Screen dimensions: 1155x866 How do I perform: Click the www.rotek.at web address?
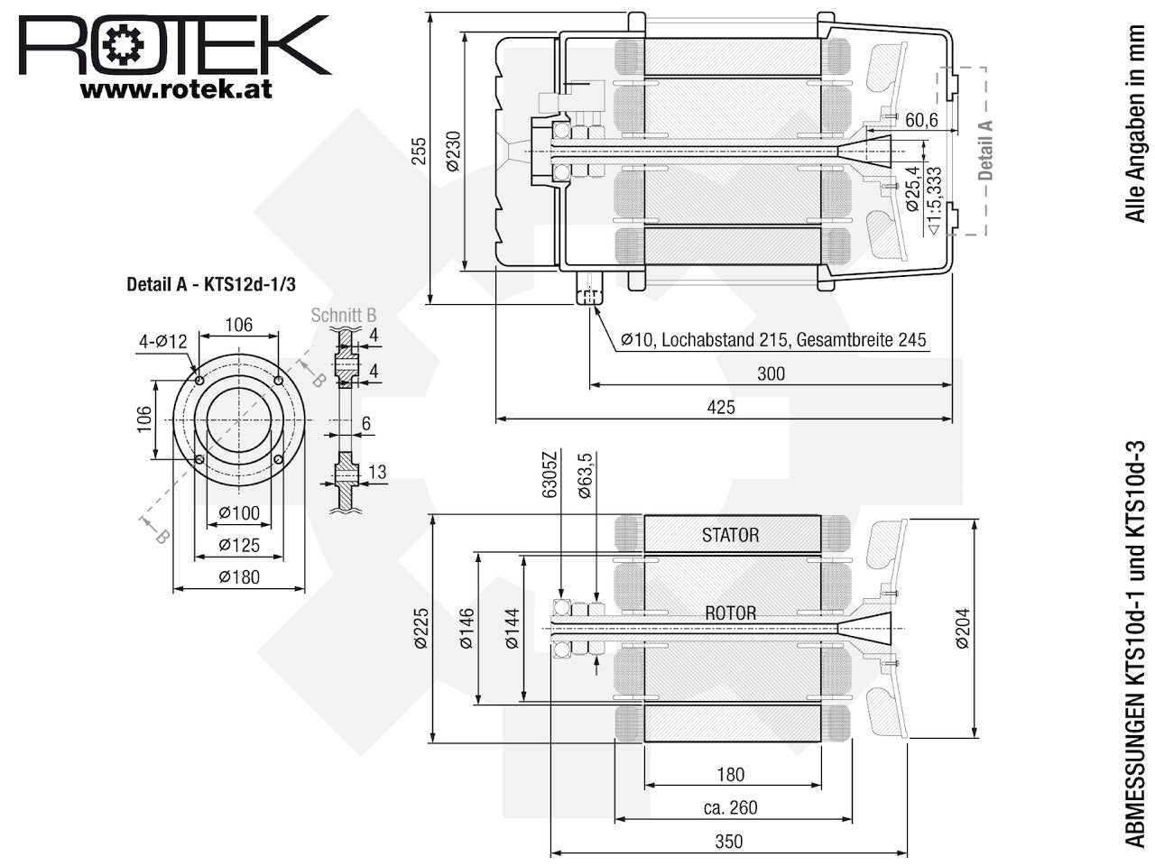point(176,89)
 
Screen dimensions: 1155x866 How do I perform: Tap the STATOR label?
point(730,535)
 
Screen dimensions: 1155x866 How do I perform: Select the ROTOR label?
point(730,613)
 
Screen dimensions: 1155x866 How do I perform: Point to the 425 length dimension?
point(721,407)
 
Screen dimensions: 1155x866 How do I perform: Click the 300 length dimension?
point(771,373)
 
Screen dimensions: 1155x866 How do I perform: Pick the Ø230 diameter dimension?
point(453,151)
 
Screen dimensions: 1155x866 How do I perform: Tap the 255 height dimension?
point(419,151)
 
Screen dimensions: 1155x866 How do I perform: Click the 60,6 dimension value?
point(921,120)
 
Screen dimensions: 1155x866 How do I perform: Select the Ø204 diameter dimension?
point(963,629)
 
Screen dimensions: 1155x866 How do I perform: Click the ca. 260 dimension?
point(730,807)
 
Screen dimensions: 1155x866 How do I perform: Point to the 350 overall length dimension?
point(729,842)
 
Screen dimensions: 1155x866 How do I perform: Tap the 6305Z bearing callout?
point(549,475)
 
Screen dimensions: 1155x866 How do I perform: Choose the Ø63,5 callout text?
point(585,475)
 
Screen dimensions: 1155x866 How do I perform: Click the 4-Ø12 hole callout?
point(162,342)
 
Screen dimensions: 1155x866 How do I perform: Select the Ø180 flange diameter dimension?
point(239,576)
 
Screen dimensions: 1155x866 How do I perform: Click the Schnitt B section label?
point(344,315)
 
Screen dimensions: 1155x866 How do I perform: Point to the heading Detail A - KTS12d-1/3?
point(211,284)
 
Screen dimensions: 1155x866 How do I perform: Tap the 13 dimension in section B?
point(377,472)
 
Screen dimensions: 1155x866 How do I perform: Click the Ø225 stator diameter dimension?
point(421,629)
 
